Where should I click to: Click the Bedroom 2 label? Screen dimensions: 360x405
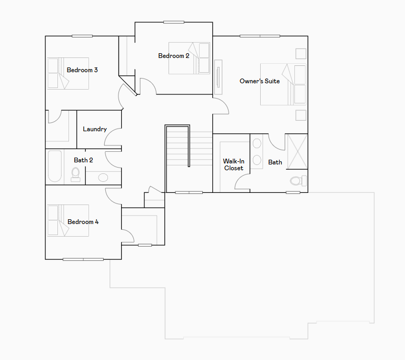174,56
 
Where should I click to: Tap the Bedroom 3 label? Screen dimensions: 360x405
82,70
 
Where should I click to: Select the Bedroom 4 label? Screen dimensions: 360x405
83,222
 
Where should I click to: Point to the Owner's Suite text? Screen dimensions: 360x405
260,81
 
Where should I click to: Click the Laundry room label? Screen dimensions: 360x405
95,129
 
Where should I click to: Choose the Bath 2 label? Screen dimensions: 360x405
83,160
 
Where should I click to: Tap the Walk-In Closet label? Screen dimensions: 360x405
233,164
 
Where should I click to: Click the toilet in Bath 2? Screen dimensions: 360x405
75,173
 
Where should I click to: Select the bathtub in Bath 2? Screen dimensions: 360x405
55,167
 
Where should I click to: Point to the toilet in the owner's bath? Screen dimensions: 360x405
297,181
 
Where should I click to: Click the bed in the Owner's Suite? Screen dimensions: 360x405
283,84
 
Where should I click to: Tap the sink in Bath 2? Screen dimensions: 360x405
103,177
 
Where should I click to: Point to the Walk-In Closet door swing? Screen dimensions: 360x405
242,182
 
